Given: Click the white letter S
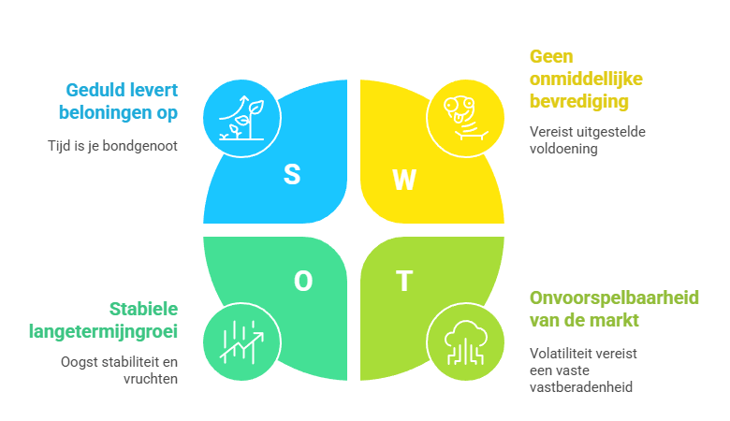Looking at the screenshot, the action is (292, 174).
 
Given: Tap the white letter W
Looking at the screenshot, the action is (403, 180).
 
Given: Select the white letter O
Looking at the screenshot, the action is (303, 281).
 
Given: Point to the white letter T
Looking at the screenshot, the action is (404, 281).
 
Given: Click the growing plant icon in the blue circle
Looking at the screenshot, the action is (241, 118).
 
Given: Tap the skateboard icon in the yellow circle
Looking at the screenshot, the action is (465, 118).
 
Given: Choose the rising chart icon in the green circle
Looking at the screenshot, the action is (241, 342).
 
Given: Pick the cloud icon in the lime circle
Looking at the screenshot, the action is (465, 342).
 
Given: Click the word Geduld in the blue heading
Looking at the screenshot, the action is (95, 90).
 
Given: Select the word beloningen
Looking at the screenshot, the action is (105, 113).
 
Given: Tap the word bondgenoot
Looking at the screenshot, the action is (139, 146).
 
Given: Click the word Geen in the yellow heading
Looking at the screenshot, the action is (551, 57).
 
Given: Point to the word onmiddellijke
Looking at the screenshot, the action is (586, 80).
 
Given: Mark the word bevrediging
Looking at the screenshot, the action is (579, 102).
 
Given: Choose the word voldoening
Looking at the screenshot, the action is (563, 149).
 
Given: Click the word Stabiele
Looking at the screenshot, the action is (143, 309).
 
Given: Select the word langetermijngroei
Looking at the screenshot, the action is (103, 332).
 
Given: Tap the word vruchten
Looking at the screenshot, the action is (151, 379).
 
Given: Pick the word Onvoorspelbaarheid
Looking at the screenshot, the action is (614, 298).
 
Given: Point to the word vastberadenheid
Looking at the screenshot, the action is (581, 387).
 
